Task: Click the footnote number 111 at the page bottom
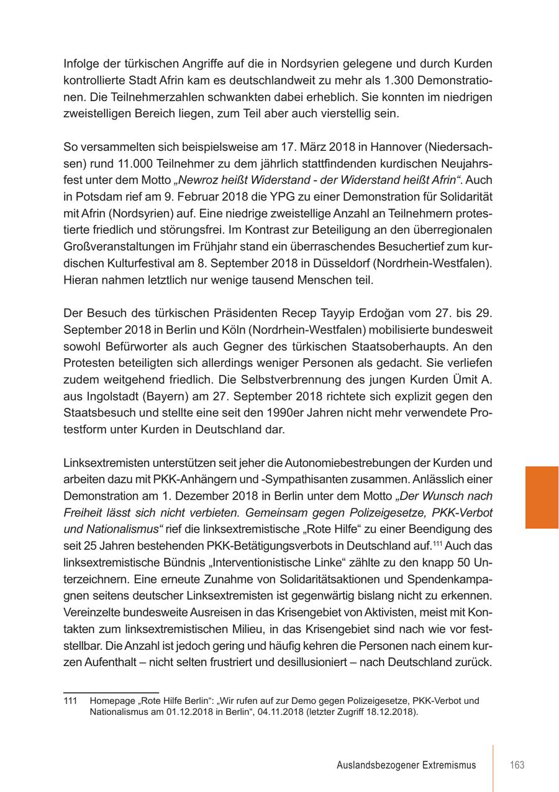pyautogui.click(x=70, y=701)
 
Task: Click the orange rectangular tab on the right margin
pyautogui.click(x=542, y=497)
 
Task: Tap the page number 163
pyautogui.click(x=517, y=765)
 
